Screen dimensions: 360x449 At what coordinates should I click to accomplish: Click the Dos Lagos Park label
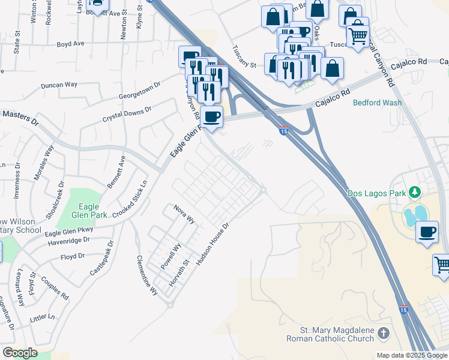(376, 193)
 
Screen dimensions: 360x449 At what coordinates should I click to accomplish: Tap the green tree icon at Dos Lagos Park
(414, 193)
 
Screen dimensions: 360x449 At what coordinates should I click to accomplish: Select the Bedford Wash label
(377, 103)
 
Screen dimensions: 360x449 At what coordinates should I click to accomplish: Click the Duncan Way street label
(59, 85)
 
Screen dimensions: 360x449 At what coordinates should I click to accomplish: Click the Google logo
(20, 353)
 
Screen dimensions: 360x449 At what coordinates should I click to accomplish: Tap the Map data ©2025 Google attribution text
(411, 355)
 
